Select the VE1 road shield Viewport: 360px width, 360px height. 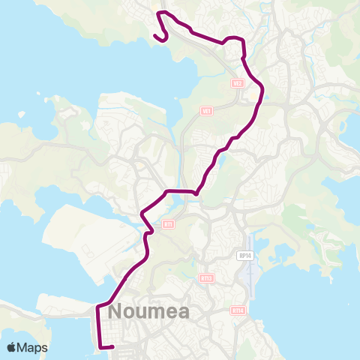pyautogui.click(x=207, y=111)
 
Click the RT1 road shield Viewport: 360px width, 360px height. pyautogui.click(x=168, y=224)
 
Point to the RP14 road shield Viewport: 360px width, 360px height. pyautogui.click(x=244, y=256)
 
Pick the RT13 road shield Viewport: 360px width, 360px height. pyautogui.click(x=207, y=277)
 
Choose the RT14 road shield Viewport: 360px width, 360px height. pyautogui.click(x=238, y=310)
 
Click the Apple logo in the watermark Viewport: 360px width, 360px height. pyautogui.click(x=11, y=347)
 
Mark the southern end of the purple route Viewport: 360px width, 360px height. pyautogui.click(x=112, y=346)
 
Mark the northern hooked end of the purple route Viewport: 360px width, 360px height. pyautogui.click(x=155, y=34)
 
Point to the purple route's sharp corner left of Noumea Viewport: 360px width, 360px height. pyautogui.click(x=98, y=306)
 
